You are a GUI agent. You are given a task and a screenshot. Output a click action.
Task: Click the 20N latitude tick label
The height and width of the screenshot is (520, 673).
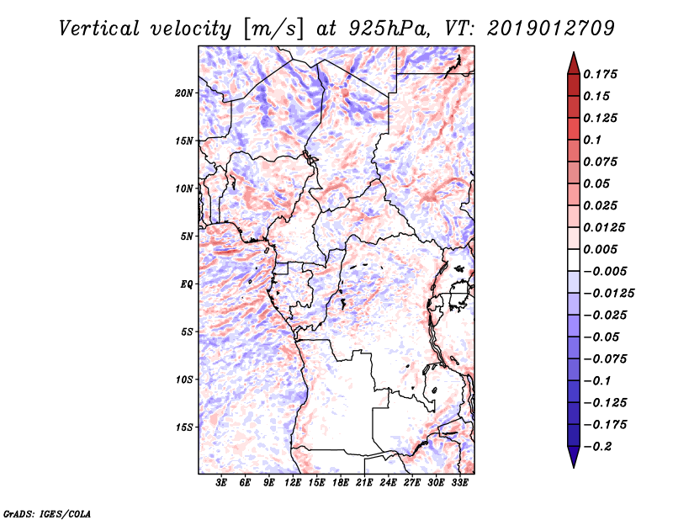pos(184,93)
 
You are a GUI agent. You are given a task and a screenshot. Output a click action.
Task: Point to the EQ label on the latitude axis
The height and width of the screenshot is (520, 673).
pos(186,284)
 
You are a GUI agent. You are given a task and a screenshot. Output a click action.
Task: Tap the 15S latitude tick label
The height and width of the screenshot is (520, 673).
pos(184,427)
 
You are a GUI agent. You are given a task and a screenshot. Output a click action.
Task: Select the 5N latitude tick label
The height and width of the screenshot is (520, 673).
pos(187,236)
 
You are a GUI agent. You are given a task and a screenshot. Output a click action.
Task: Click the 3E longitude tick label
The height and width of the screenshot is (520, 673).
pos(222,483)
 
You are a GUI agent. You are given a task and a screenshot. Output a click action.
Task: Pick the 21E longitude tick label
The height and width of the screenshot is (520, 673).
pos(365,483)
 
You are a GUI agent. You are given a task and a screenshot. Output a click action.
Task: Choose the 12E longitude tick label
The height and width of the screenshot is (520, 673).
pos(294,483)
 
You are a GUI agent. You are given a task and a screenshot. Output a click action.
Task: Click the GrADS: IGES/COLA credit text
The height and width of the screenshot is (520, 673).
pos(35,512)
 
